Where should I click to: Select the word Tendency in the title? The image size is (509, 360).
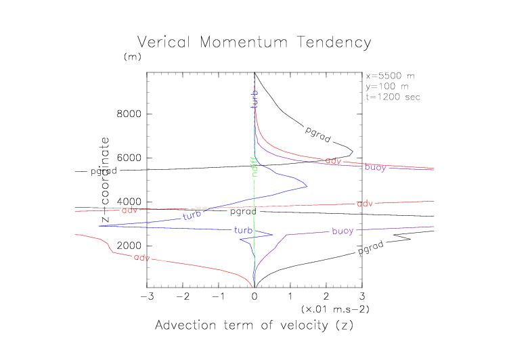(x=336, y=43)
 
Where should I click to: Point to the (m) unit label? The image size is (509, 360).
(x=131, y=58)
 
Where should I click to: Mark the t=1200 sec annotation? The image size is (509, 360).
(x=393, y=97)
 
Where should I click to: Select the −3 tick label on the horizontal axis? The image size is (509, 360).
(x=144, y=296)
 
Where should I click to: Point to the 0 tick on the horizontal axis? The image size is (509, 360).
(x=255, y=296)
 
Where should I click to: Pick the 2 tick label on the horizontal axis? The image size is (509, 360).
(x=326, y=296)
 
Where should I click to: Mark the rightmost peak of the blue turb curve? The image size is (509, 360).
(x=307, y=186)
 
